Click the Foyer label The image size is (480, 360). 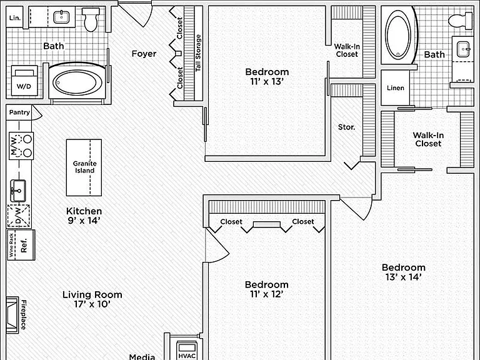[144, 54]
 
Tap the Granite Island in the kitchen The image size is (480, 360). [84, 167]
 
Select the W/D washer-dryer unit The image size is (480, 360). [24, 81]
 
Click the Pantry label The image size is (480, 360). [19, 112]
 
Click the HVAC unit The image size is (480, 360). [187, 351]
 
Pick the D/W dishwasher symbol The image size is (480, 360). [18, 216]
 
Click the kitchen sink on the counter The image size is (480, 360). [17, 191]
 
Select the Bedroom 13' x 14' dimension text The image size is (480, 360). [404, 277]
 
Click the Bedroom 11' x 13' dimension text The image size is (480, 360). [267, 81]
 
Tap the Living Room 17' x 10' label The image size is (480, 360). [92, 299]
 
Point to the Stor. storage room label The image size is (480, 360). [346, 127]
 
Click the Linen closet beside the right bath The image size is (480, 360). [395, 88]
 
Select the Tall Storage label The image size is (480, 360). [198, 53]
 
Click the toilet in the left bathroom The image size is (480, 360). [90, 19]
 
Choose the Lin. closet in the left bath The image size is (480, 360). [15, 17]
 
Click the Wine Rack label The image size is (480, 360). [11, 245]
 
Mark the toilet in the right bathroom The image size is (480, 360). [461, 21]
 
